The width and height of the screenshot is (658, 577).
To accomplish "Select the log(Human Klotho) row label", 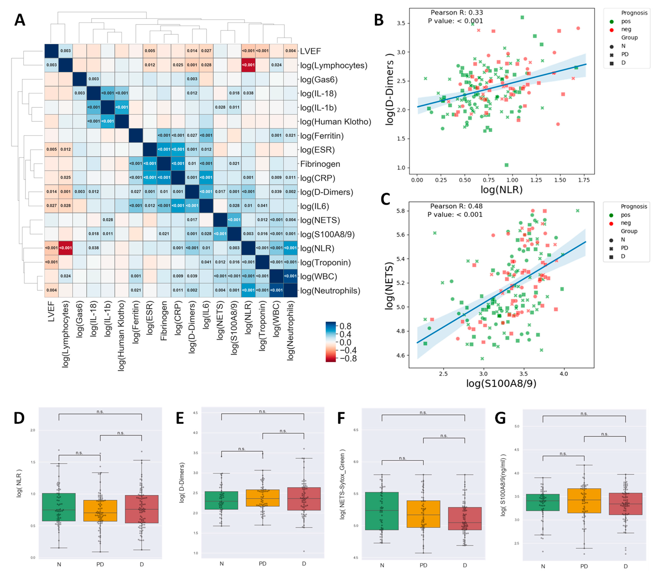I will (x=335, y=122).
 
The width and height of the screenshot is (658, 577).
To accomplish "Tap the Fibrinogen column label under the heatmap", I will (x=164, y=320).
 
